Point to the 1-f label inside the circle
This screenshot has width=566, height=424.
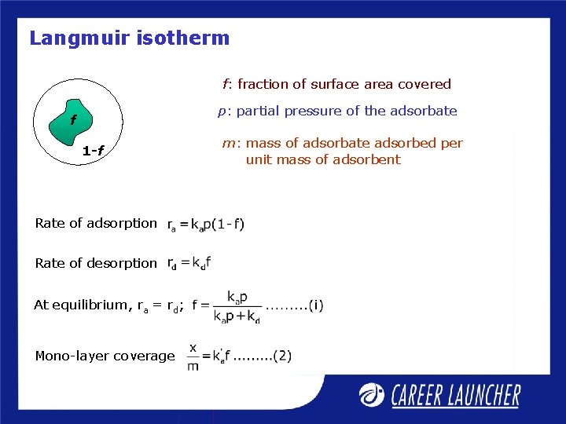(94, 151)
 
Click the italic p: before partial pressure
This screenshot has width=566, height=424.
(223, 111)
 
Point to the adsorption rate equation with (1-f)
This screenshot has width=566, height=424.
(206, 225)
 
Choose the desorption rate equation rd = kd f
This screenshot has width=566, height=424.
(189, 263)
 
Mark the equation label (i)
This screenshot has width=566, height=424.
(314, 305)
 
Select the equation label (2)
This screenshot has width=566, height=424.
(283, 356)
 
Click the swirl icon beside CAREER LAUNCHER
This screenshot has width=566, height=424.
(373, 395)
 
